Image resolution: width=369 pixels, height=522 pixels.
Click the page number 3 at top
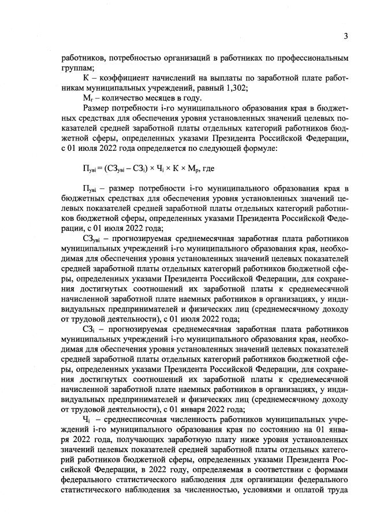pos(345,36)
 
